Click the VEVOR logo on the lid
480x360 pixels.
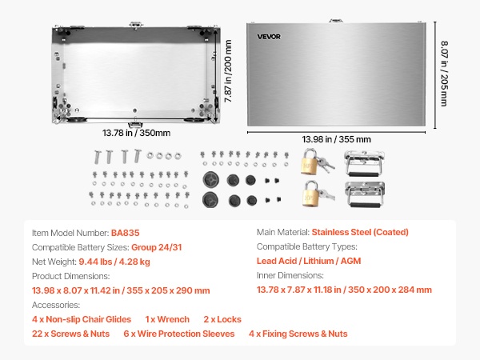(269, 37)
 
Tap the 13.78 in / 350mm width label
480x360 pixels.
(136, 133)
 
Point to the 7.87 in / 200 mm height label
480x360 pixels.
(228, 71)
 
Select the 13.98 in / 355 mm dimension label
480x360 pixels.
(336, 139)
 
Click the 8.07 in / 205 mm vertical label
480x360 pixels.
(444, 74)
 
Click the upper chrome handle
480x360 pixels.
(364, 163)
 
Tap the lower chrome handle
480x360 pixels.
(364, 194)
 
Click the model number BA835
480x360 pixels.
(126, 233)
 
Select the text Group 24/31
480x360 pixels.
(157, 247)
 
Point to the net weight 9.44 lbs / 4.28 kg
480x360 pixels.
(114, 262)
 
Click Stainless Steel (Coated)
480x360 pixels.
(360, 232)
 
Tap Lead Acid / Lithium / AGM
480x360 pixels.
(309, 261)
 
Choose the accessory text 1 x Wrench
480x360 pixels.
(167, 319)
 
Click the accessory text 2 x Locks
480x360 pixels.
(222, 319)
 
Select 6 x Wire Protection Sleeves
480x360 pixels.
(178, 334)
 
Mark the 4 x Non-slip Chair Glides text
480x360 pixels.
(82, 319)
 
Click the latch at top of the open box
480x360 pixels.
(136, 25)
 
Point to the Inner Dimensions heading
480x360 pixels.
(290, 275)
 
